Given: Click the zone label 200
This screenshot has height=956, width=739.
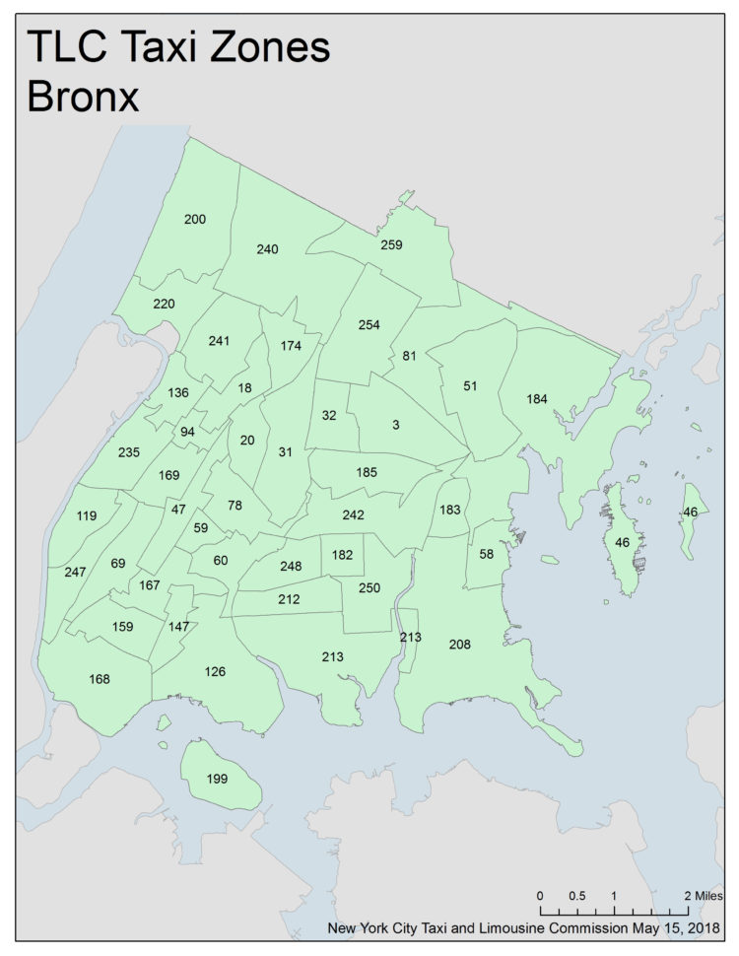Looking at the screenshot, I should click(x=195, y=219).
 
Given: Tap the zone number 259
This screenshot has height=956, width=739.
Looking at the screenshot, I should click(x=391, y=244).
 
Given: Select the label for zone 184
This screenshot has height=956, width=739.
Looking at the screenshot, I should click(x=537, y=398).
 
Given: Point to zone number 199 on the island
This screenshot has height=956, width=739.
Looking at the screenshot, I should click(x=218, y=779).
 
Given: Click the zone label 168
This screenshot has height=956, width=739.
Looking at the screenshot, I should click(x=100, y=679).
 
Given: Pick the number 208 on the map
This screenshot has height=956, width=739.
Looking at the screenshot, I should click(x=460, y=645).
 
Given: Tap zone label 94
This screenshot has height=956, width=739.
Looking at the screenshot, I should click(x=187, y=432).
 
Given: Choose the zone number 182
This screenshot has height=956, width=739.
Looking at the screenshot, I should click(x=342, y=556).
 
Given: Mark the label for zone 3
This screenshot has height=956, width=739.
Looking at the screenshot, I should click(x=395, y=425).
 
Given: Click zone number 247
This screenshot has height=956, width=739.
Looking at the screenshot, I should click(x=76, y=573).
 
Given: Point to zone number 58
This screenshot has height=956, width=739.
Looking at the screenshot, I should click(x=486, y=555).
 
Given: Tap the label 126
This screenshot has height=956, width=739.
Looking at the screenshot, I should click(x=215, y=672).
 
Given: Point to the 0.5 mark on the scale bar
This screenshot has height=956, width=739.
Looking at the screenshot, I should click(x=577, y=897).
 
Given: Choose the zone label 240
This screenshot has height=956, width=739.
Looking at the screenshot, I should click(x=267, y=249).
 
